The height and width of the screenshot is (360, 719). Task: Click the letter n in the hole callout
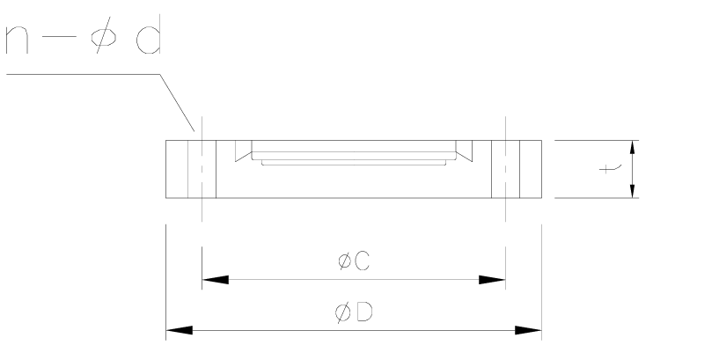[x=20, y=40]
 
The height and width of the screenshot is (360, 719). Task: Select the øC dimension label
[x=352, y=261]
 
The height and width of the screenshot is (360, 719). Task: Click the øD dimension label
[x=352, y=312]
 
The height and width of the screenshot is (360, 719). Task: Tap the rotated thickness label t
[x=607, y=167]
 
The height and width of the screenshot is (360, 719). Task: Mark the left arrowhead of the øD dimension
[x=180, y=331]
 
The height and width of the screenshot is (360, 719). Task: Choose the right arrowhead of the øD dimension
[x=528, y=331]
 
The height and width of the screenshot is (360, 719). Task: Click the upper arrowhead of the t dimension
[x=634, y=148]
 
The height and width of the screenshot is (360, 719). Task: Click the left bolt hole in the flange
[x=202, y=168]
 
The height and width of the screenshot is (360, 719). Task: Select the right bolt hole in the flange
[x=505, y=168]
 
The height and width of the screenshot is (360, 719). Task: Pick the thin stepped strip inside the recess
[x=352, y=162]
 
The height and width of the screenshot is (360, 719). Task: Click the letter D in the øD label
[x=361, y=312]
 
